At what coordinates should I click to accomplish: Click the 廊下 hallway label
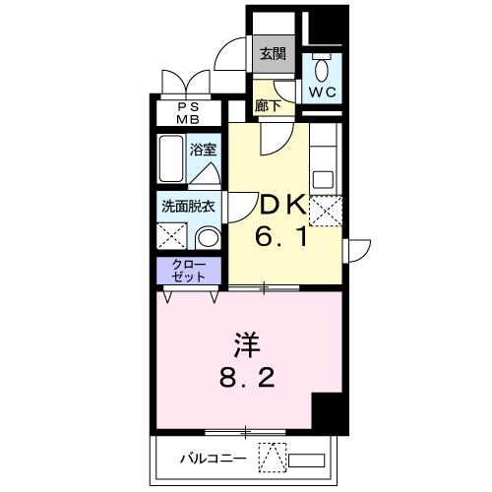267,104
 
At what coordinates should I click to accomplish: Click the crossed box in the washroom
172,237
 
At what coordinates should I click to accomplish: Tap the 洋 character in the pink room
247,346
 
